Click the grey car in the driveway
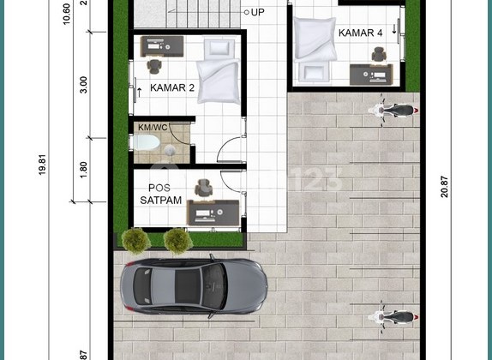point(194,287)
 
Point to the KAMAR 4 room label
point(359,33)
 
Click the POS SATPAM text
point(160,194)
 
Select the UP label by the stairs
point(257,13)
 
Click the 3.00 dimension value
point(83,87)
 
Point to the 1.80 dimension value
point(83,168)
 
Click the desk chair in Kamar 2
point(154,66)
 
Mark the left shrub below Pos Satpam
point(136,241)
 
